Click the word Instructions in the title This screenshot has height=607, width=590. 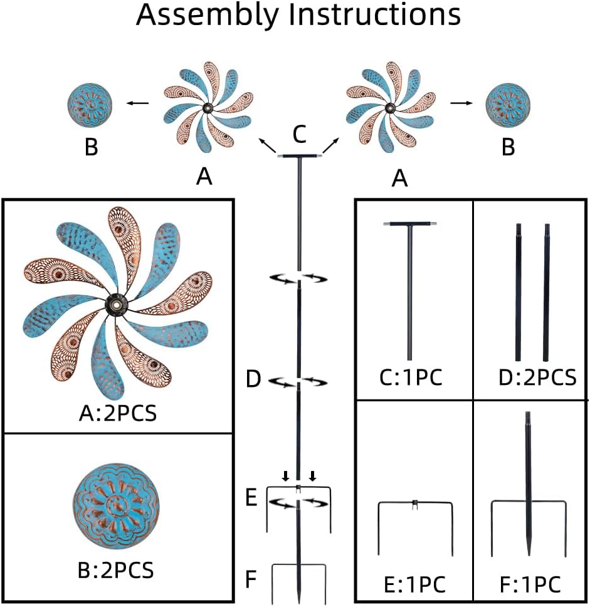point(375,15)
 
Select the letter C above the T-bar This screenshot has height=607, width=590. point(300,134)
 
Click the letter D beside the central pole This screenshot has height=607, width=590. point(253,379)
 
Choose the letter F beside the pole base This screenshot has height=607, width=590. point(250,579)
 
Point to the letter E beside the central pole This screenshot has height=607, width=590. point(251,499)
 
